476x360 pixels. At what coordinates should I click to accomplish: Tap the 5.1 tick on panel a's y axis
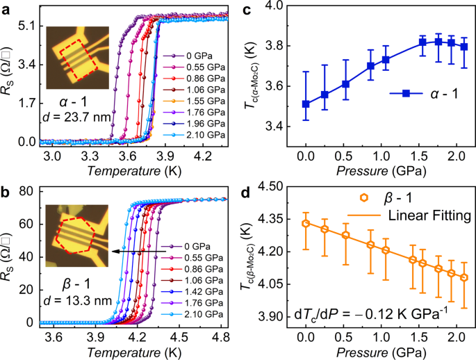[x=26, y=24]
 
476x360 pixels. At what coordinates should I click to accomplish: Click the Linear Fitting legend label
[x=431, y=217]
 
